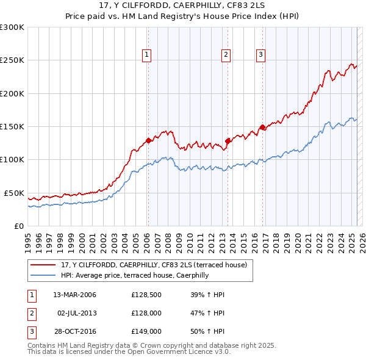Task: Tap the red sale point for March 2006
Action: (148, 140)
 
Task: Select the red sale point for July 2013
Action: (227, 141)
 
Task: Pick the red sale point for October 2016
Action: (262, 127)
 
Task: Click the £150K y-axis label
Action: (12, 126)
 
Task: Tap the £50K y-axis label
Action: (14, 193)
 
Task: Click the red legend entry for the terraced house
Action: (153, 265)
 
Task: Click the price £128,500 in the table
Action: (146, 295)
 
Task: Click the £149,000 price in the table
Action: (146, 331)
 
